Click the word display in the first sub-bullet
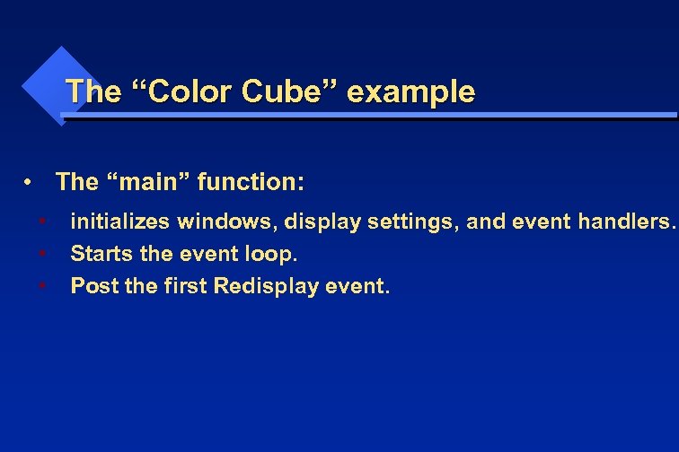(x=321, y=222)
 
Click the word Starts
(x=99, y=254)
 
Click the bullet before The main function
(x=30, y=184)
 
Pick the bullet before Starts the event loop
(x=43, y=254)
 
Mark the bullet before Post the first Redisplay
(x=43, y=286)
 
